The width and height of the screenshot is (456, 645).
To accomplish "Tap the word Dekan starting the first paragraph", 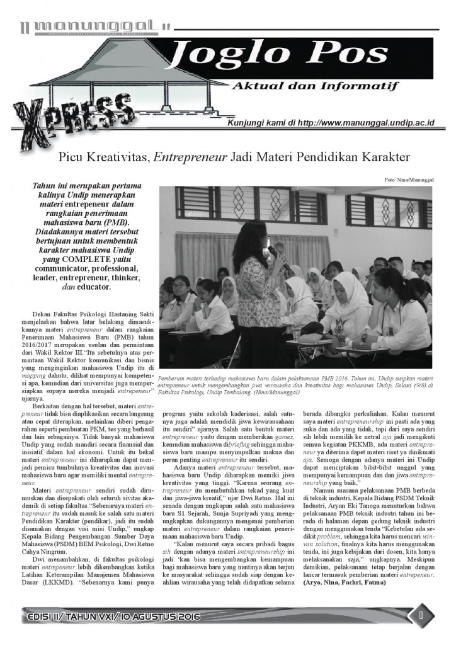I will pyautogui.click(x=41, y=313).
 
